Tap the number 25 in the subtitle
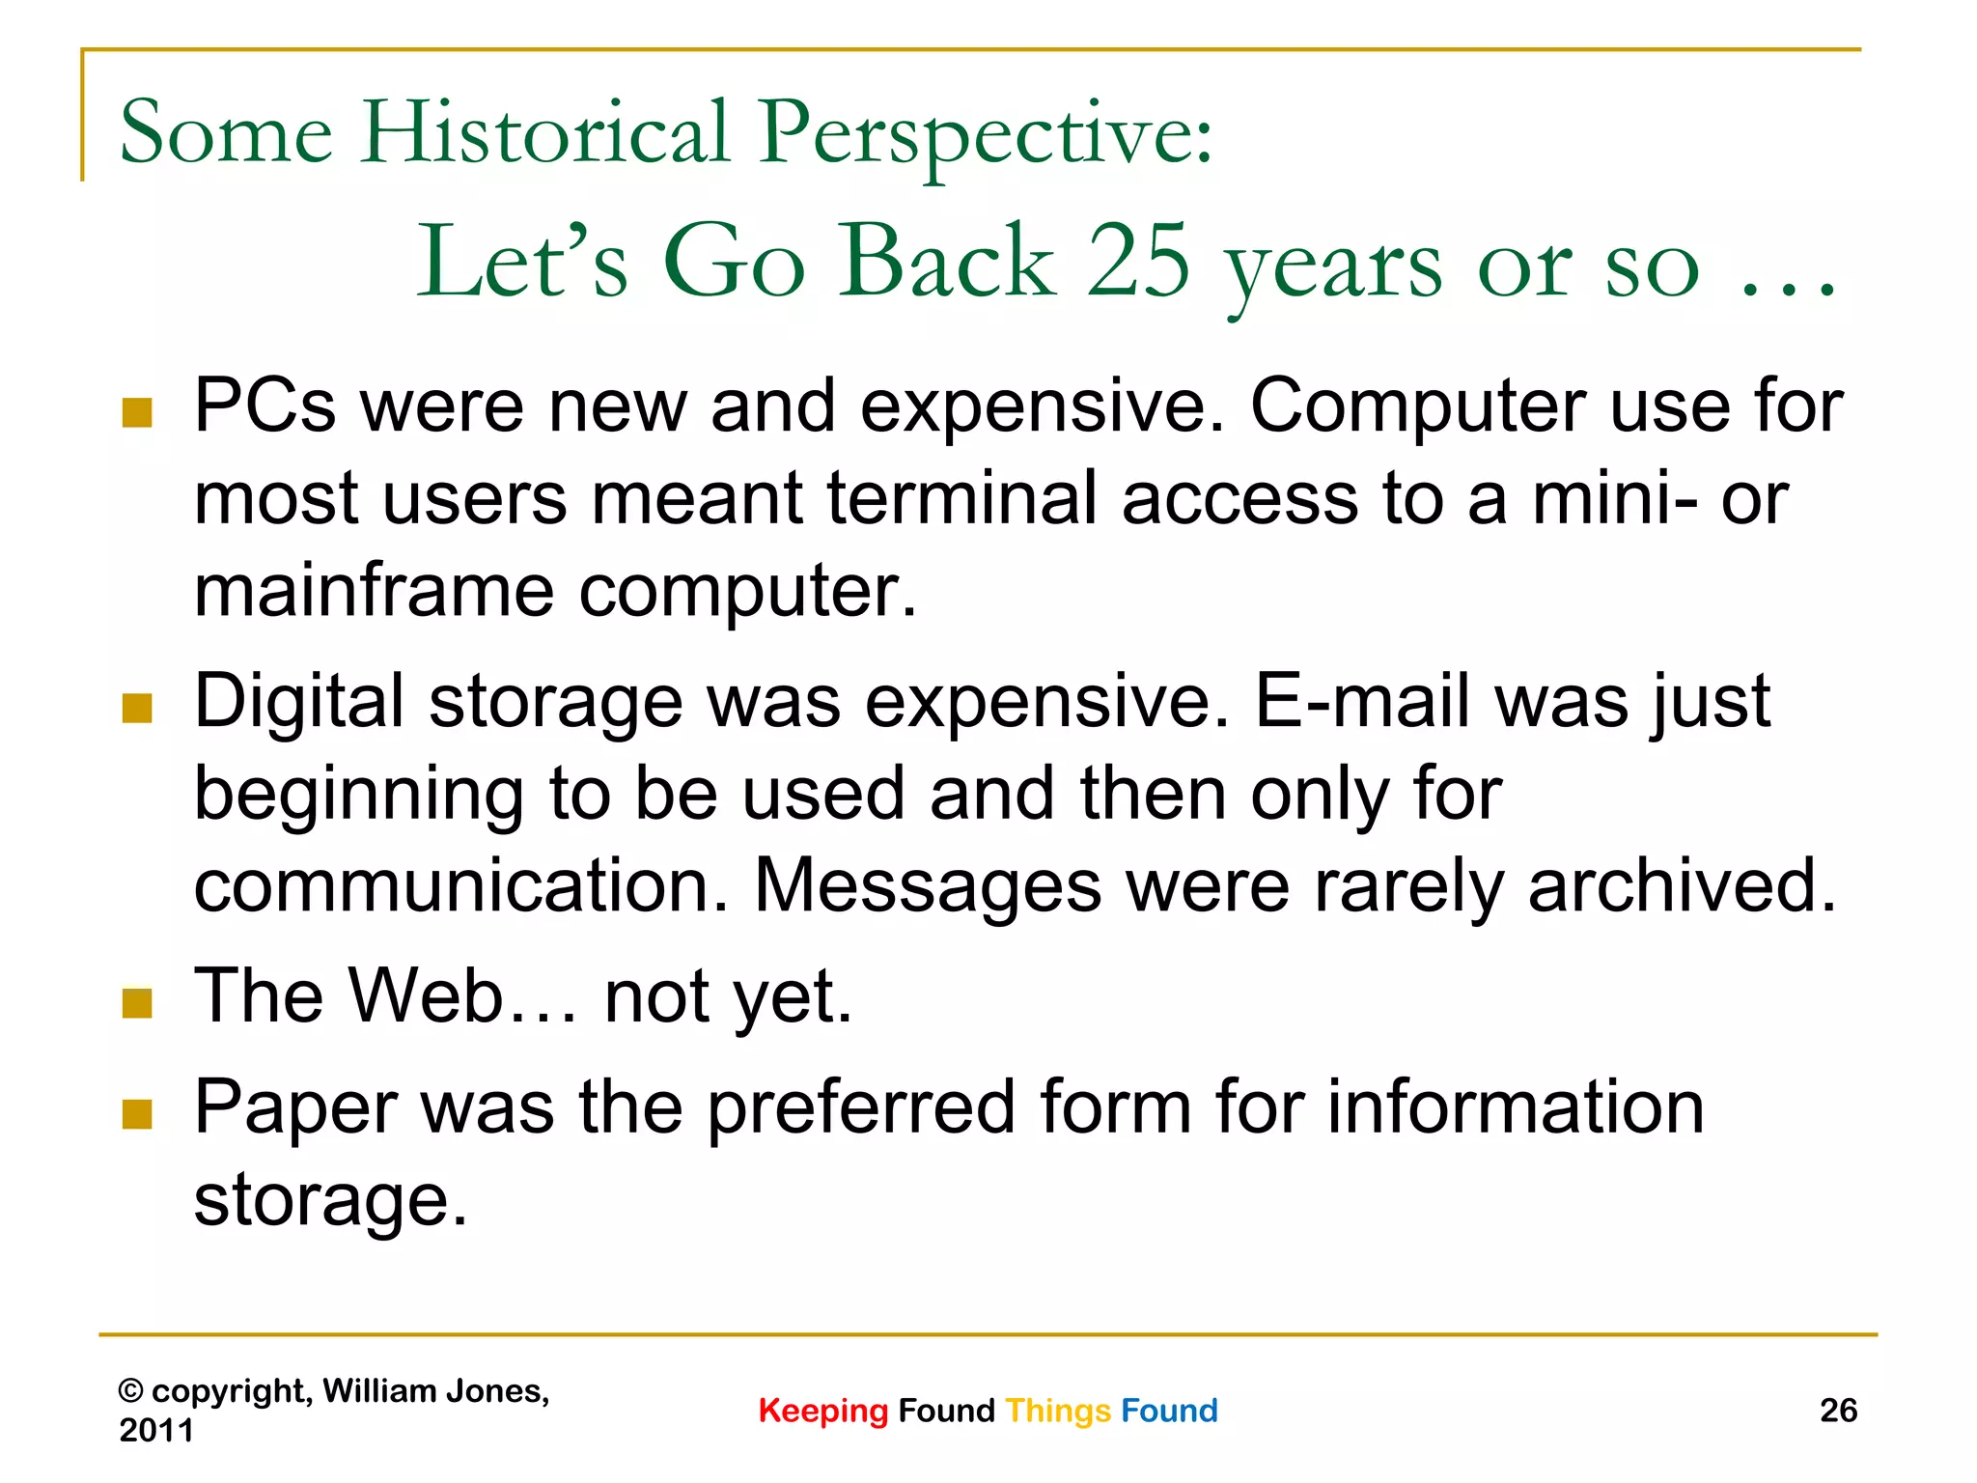pos(1138,261)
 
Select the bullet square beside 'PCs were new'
pos(138,412)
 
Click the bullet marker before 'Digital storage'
pos(138,708)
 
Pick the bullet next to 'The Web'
pos(138,1003)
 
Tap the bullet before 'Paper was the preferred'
pos(138,1114)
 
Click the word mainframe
pos(374,590)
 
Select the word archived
pos(1681,885)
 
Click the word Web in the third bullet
pos(425,995)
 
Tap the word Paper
pos(295,1107)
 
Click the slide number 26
pos(1838,1411)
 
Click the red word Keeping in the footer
pos(822,1411)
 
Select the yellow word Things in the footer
pos(1058,1411)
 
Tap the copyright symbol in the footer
pos(130,1391)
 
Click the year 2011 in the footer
pos(156,1430)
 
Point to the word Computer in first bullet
pos(1417,406)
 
